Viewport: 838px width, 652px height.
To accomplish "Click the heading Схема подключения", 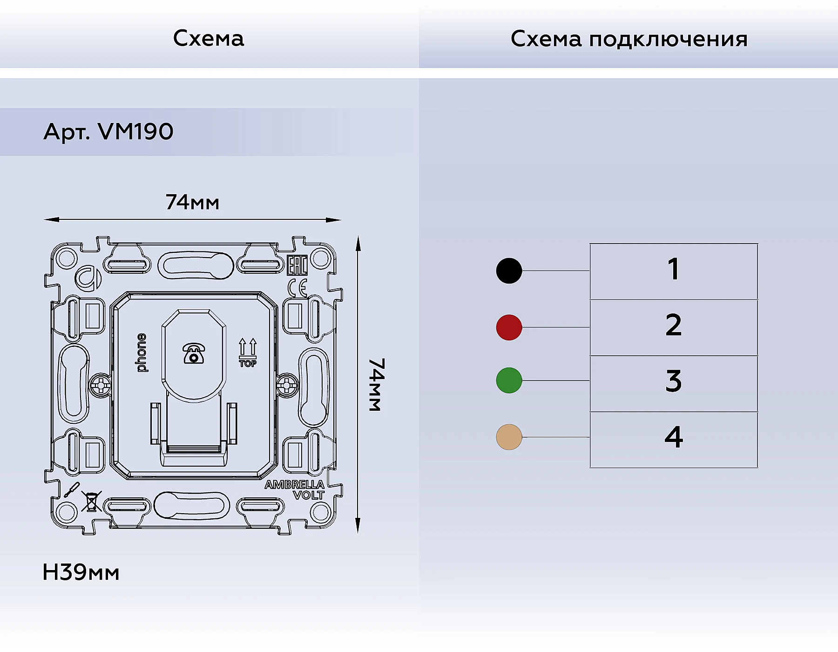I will (x=628, y=39).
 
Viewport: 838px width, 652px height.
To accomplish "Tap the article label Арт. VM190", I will (x=108, y=132).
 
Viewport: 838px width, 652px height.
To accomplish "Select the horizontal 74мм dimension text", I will (x=192, y=203).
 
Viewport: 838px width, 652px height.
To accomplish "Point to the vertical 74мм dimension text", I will (x=377, y=385).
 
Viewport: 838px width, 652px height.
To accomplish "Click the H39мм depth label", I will (x=81, y=572).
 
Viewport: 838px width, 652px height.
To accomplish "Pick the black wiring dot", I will (x=509, y=271).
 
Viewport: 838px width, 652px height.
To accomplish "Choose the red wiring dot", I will (x=509, y=327).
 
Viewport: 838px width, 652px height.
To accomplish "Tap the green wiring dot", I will (x=509, y=380).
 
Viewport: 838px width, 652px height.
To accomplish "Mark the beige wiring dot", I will (x=509, y=437).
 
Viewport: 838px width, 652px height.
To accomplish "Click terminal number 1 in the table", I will (x=673, y=269).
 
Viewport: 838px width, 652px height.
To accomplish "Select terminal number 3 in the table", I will (x=673, y=381).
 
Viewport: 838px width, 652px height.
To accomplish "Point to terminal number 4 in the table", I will (x=673, y=437).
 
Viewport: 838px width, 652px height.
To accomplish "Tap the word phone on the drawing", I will (x=142, y=353).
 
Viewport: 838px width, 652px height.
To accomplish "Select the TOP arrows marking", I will (x=247, y=353).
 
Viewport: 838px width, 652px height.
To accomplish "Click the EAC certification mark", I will (x=297, y=266).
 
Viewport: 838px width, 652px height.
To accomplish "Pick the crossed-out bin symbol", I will (x=92, y=502).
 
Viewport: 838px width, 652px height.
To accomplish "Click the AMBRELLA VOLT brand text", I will (x=295, y=490).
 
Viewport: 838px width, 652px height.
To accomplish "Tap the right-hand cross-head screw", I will (x=287, y=385).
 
